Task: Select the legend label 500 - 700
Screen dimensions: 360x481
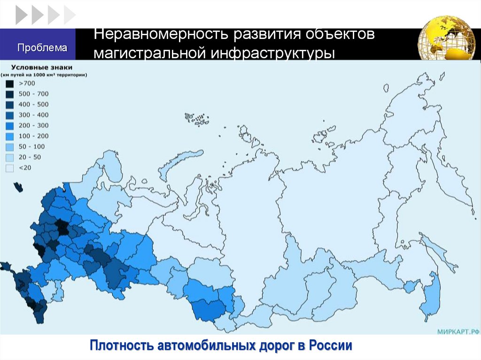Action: pos(33,94)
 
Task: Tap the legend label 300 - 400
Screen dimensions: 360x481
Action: pos(33,115)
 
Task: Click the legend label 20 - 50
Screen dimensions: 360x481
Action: pos(30,157)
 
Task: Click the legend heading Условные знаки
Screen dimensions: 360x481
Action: pos(39,67)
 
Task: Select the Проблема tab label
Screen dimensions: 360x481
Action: pos(43,47)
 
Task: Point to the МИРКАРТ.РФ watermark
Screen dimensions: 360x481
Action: pos(458,331)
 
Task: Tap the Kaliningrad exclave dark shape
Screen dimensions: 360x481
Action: pos(18,187)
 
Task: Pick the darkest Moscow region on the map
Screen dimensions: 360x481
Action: pos(61,229)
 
